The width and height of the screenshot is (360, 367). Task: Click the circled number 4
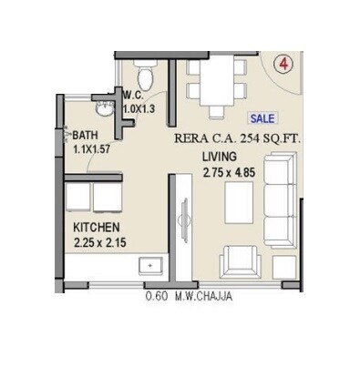[x=284, y=65]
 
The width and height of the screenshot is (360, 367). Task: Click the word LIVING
[x=218, y=157]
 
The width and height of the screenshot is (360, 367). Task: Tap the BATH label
[x=86, y=133]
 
